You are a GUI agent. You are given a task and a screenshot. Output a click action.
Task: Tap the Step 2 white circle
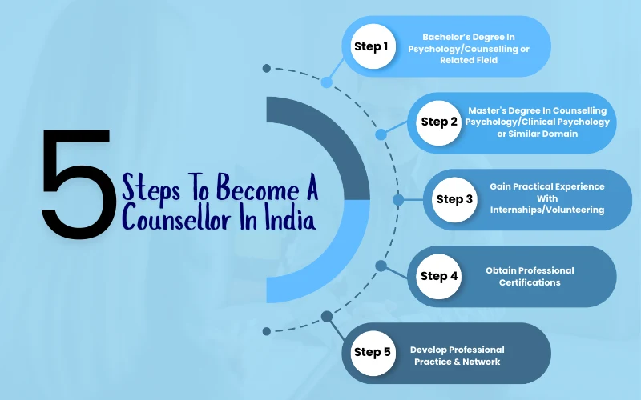click(x=439, y=122)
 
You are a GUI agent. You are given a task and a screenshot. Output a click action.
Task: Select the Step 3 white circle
click(x=453, y=199)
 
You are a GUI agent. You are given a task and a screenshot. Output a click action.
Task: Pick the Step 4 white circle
click(x=439, y=276)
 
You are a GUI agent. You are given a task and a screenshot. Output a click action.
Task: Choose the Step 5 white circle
click(x=371, y=352)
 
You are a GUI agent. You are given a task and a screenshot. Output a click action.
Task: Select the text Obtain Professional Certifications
click(x=529, y=276)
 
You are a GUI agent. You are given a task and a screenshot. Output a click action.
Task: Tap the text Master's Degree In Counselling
click(x=537, y=110)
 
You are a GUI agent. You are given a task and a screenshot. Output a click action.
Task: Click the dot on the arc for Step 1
click(x=327, y=82)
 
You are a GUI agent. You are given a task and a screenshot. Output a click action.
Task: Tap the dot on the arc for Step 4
click(x=381, y=265)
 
